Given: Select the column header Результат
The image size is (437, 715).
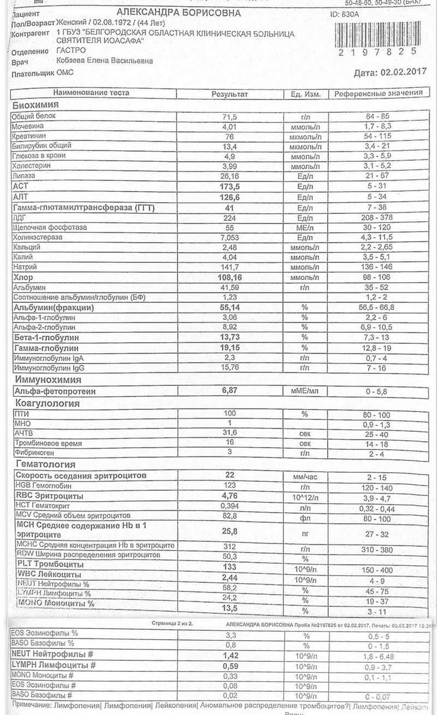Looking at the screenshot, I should point(229,93).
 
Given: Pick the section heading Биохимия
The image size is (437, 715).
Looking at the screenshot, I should point(35,105).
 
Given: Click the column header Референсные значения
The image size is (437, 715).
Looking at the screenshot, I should point(379,93).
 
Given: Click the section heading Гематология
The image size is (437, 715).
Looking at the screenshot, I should point(44,465).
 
